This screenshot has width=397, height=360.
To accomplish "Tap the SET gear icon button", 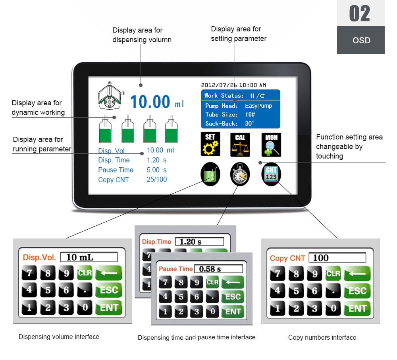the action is click(210, 144).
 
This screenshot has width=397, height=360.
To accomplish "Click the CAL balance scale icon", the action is click(240, 145).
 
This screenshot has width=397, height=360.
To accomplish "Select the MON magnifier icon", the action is click(271, 145).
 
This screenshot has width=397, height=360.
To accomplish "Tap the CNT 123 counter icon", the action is click(271, 174).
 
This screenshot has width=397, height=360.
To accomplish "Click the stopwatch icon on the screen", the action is click(240, 174).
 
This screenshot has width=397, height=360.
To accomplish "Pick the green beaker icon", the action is click(210, 174).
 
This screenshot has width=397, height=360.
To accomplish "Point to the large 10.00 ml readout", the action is click(157, 102).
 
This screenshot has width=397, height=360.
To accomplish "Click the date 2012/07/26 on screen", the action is click(219, 85).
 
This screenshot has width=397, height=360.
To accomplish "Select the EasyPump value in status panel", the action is click(258, 106).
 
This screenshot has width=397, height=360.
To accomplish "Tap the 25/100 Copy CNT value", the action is click(157, 179).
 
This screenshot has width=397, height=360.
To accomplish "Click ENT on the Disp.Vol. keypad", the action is click(109, 308).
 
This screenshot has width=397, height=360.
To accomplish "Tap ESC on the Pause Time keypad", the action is click(233, 297).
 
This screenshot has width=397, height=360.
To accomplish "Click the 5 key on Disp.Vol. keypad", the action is click(48, 290).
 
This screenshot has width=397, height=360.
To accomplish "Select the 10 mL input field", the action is click(89, 257).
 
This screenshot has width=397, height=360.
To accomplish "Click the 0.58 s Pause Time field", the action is click(218, 269).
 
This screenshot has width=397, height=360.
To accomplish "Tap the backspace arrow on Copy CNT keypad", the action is click(357, 274).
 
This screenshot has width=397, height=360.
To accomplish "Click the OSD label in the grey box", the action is click(361, 40).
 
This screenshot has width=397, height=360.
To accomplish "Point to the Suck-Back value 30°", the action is click(250, 124).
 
